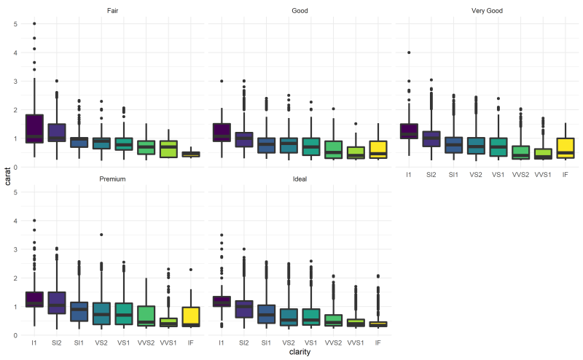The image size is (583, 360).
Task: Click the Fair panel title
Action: click(113, 11)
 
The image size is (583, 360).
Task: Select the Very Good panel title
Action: click(487, 11)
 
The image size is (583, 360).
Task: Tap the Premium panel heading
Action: click(113, 179)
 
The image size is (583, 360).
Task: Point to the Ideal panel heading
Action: click(300, 179)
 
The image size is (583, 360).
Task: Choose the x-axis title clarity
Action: click(300, 353)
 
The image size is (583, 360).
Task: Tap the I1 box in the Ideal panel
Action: click(221, 301)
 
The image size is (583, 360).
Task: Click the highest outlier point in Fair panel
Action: click(34, 24)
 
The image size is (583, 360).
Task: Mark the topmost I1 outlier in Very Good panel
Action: click(408, 52)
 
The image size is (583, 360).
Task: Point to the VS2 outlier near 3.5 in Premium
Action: click(102, 235)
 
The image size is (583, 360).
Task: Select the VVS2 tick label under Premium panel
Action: click(146, 342)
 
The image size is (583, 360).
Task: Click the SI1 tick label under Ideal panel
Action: click(266, 342)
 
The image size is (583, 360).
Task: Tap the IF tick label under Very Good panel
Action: click(565, 175)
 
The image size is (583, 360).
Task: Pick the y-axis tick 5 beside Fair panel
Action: click(16, 24)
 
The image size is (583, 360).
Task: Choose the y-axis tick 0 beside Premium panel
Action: click(16, 335)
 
